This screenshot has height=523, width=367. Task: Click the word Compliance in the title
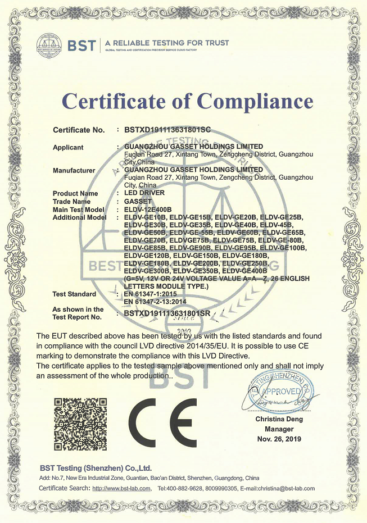pyautogui.click(x=256, y=102)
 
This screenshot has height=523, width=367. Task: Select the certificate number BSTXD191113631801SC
pyautogui.click(x=167, y=130)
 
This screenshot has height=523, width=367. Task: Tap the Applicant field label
pyautogui.click(x=68, y=148)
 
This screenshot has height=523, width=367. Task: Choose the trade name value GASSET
pyautogui.click(x=138, y=201)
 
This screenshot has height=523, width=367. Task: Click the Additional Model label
pyautogui.click(x=79, y=217)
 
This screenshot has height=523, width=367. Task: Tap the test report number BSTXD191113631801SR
pyautogui.click(x=167, y=313)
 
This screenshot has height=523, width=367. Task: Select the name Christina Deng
pyautogui.click(x=279, y=419)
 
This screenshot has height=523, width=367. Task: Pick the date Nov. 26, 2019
pyautogui.click(x=279, y=438)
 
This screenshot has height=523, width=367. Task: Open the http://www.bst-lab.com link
pyautogui.click(x=121, y=488)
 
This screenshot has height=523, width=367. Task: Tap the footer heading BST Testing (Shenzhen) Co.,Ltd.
pyautogui.click(x=96, y=468)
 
